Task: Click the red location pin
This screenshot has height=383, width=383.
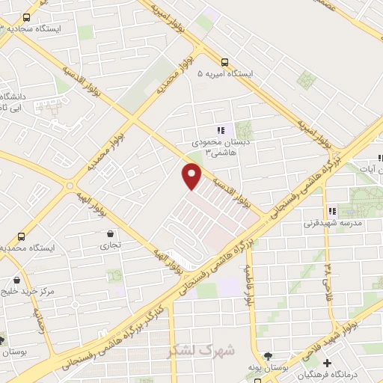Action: (x=192, y=176)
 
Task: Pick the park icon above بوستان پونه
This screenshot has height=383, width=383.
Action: (x=268, y=356)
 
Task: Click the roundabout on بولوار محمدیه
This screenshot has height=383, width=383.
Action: (x=70, y=185)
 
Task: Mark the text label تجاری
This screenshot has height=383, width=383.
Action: (x=111, y=245)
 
